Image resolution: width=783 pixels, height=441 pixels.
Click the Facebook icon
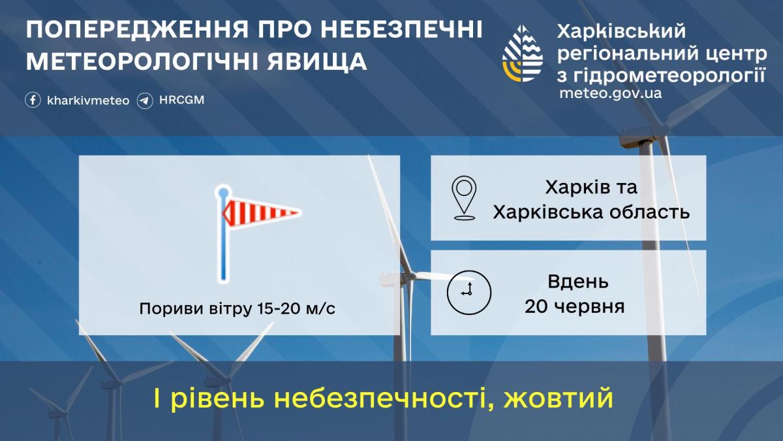point(33,101)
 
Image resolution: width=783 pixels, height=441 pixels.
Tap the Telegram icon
point(145,101)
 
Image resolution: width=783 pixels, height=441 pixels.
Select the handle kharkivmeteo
point(88,101)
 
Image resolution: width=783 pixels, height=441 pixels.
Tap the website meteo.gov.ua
point(610,93)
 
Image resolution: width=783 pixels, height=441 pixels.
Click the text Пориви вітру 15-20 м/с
point(238,308)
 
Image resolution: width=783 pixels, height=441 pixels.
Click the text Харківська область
point(591,212)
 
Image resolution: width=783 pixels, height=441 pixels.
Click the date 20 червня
point(575,306)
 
